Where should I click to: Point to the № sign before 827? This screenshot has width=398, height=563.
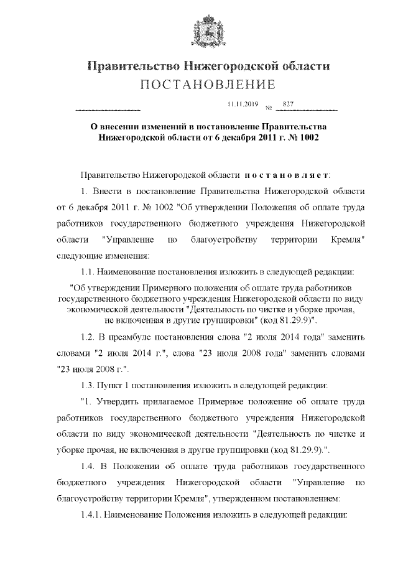click(269, 107)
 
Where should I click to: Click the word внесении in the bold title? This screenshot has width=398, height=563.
click(124, 125)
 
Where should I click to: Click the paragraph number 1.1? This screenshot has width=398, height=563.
click(88, 271)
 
